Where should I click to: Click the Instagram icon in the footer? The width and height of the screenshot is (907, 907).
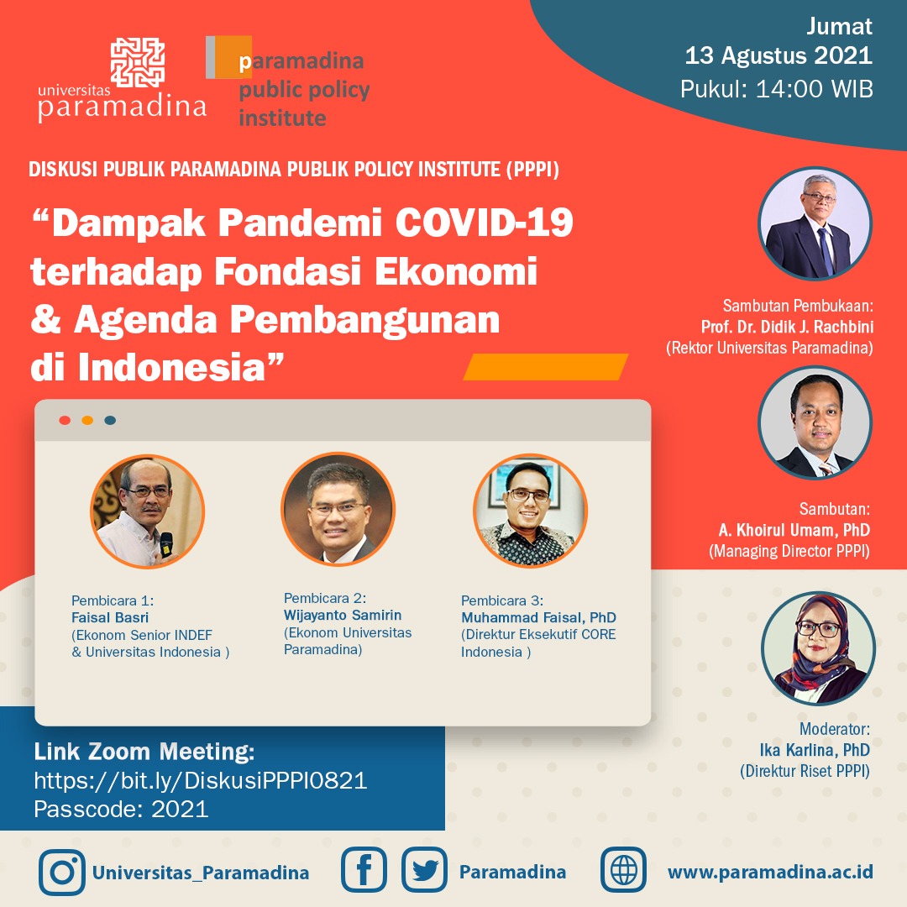click(x=62, y=872)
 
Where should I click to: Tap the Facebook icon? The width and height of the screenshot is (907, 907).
click(x=364, y=869)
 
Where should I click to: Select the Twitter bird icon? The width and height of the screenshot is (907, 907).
click(x=425, y=869)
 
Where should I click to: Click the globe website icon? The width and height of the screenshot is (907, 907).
click(x=623, y=869)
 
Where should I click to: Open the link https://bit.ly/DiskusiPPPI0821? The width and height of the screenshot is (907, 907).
click(x=201, y=781)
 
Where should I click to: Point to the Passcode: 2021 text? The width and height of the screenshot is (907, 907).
click(x=121, y=809)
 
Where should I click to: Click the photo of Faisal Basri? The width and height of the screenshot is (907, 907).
click(x=148, y=511)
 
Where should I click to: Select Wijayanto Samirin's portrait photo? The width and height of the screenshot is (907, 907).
click(x=338, y=509)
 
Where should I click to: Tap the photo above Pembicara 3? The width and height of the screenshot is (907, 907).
click(x=531, y=511)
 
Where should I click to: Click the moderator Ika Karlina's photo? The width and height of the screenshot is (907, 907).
click(x=819, y=647)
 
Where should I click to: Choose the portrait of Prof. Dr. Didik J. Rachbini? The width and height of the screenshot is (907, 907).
click(x=815, y=224)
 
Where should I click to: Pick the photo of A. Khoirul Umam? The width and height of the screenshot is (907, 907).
click(x=815, y=422)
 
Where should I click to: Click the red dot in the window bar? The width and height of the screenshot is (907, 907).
click(x=65, y=420)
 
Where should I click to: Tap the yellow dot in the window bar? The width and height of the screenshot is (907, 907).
click(x=87, y=420)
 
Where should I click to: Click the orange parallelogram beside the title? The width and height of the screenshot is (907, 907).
click(x=546, y=367)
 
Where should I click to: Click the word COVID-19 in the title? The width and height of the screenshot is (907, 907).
click(x=485, y=222)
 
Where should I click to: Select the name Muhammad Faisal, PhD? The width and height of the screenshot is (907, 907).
click(x=538, y=617)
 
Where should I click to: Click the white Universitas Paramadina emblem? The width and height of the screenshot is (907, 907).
click(x=138, y=62)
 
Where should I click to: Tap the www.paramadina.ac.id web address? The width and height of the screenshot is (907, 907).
click(x=770, y=872)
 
